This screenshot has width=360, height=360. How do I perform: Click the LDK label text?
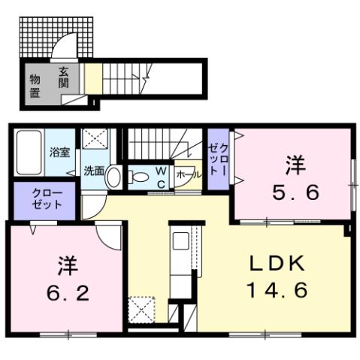pos(277,264)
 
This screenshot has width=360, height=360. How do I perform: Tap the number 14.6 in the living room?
pos(277,290)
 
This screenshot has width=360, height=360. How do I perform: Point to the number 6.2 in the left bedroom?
pos(67,291)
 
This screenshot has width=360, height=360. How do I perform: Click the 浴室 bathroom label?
pos(60,151)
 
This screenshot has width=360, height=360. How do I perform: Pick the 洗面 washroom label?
pos(93,171)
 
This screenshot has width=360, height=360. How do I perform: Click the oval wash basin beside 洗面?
pos(113,177)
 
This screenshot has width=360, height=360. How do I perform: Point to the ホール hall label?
pos(187,174)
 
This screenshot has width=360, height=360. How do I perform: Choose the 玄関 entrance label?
pos(64,77)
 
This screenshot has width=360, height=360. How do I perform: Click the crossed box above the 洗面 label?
pos(95,140)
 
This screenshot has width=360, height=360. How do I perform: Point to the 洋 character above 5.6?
pos(294,163)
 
